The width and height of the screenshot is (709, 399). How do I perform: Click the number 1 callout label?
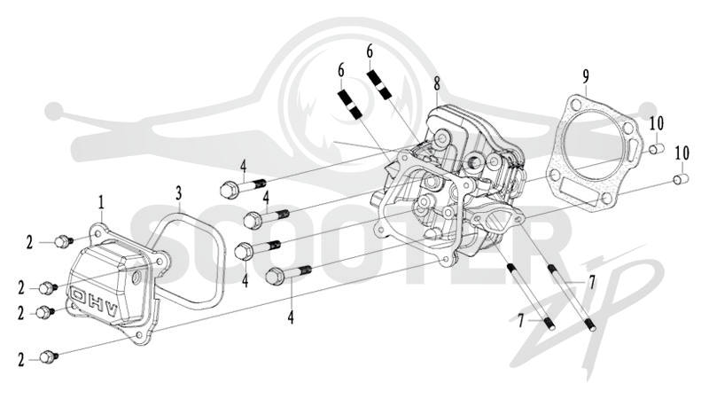pyautogui.click(x=101, y=203)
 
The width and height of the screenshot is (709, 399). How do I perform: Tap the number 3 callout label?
pyautogui.click(x=179, y=193)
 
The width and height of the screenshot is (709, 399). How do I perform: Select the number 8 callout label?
pyautogui.click(x=436, y=83)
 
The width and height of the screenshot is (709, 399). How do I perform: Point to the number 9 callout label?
pyautogui.click(x=586, y=76)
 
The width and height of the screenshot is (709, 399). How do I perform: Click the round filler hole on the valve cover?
pyautogui.click(x=135, y=280)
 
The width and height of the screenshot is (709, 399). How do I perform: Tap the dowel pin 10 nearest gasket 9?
pyautogui.click(x=656, y=148)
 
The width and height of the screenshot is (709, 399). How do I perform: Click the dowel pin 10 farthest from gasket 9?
pyautogui.click(x=682, y=179)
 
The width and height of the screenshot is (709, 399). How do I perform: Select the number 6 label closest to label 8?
pyautogui.click(x=370, y=52)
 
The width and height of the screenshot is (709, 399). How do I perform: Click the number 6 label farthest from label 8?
pyautogui.click(x=340, y=70)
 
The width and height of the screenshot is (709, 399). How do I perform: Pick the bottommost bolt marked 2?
pyautogui.click(x=49, y=357)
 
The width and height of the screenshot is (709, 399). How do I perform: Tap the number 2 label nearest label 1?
pyautogui.click(x=29, y=242)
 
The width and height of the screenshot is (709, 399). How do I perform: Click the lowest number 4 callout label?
pyautogui.click(x=291, y=317)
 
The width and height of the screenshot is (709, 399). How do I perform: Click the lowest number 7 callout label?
pyautogui.click(x=520, y=321)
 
